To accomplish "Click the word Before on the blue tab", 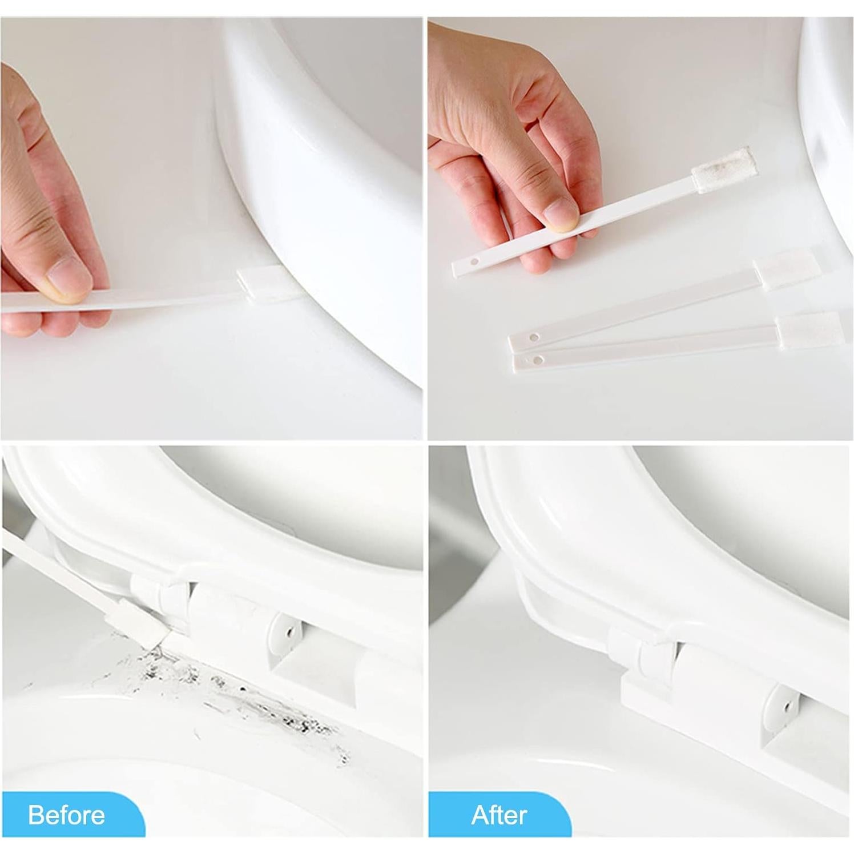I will (x=66, y=815).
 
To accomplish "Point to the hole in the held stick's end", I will (x=474, y=262).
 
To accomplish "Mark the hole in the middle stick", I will (x=533, y=338).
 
